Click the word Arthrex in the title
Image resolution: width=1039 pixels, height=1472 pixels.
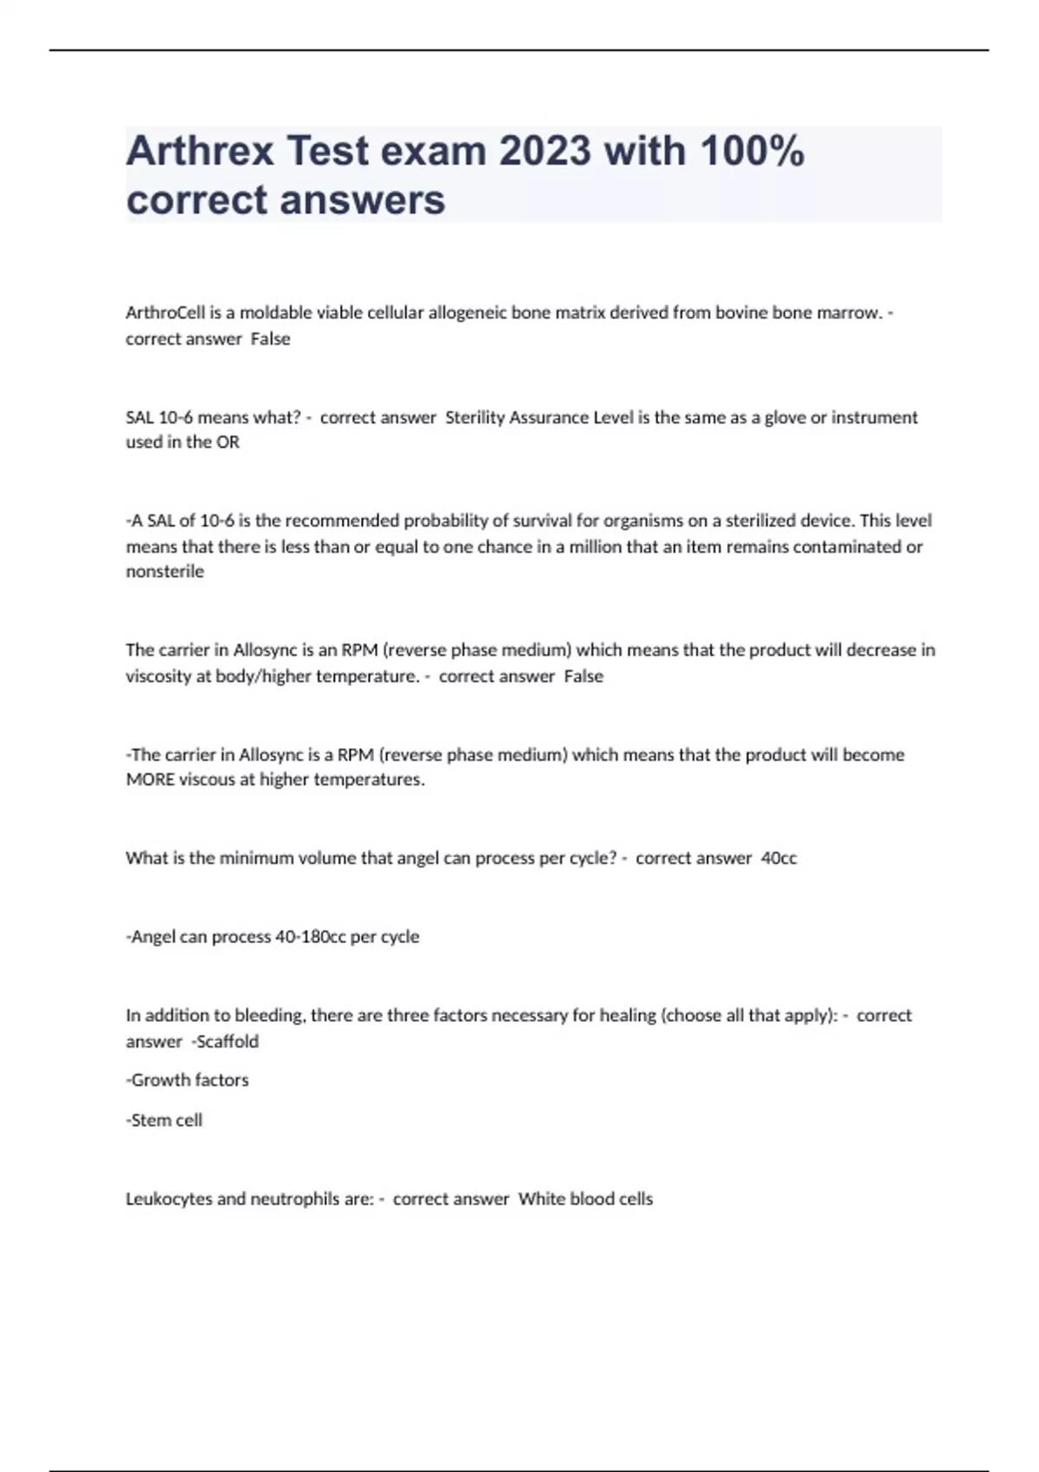tap(200, 151)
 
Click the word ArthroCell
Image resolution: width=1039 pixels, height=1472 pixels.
tap(165, 313)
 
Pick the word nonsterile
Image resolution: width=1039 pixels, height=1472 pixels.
tap(165, 571)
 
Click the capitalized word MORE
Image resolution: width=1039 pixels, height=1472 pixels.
tap(150, 779)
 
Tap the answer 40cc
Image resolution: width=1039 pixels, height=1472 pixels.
tap(778, 858)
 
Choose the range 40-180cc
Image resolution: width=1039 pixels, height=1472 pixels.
tap(310, 937)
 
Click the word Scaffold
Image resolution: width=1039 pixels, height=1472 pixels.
tap(227, 1042)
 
